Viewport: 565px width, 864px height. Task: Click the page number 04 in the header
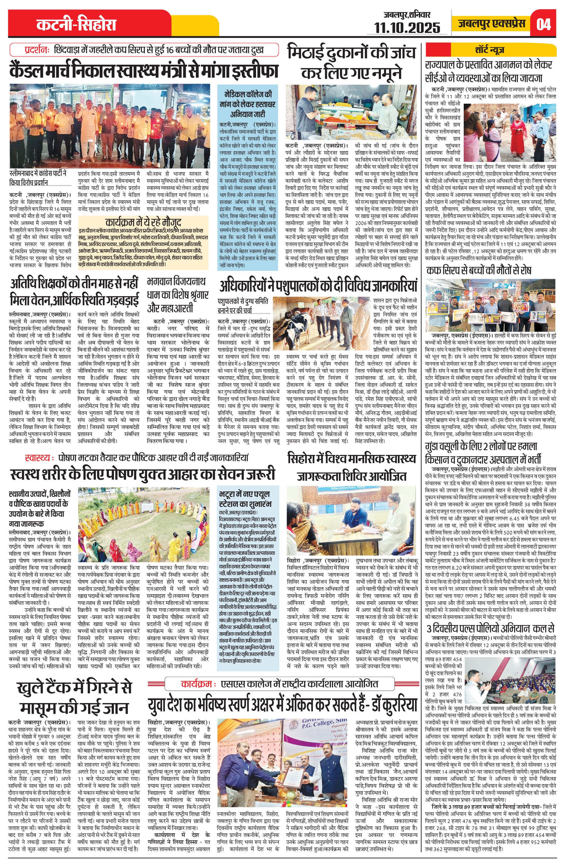pyautogui.click(x=543, y=24)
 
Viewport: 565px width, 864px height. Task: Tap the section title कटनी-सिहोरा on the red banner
pyautogui.click(x=76, y=25)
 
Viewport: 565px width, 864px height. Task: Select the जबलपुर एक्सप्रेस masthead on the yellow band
pyautogui.click(x=491, y=24)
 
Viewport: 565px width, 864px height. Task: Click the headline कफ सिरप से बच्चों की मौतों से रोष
pyautogui.click(x=479, y=270)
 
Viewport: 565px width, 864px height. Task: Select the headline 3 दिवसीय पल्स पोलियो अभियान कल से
pyautogui.click(x=490, y=629)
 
